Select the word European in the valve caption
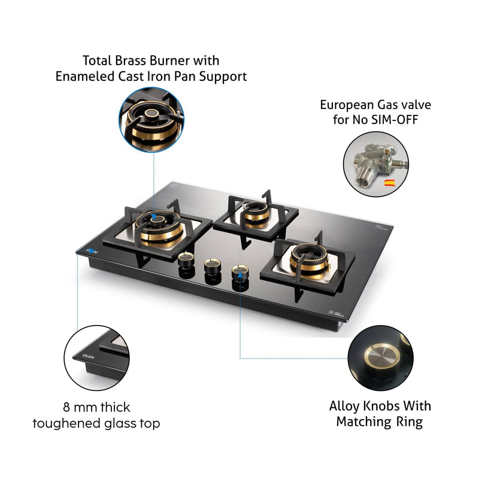(349, 105)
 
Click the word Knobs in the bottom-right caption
(378, 406)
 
